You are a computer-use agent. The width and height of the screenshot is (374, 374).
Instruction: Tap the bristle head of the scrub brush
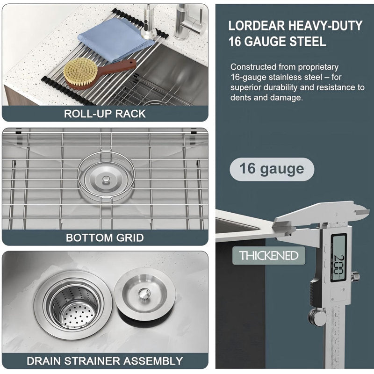[80, 72]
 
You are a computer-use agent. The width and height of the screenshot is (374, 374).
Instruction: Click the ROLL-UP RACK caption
[105, 114]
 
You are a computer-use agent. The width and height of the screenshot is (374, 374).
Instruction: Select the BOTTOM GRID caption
[105, 237]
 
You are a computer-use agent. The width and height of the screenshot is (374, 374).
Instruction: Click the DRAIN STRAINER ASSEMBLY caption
[105, 361]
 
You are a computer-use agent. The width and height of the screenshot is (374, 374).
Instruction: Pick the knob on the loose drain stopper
[144, 293]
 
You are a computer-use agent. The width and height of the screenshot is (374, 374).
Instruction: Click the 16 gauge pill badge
[272, 169]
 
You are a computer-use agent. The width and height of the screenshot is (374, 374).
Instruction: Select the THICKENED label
[269, 255]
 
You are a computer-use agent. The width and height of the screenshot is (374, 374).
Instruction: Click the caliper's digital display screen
[338, 258]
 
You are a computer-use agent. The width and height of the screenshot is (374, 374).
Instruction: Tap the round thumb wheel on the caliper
[317, 316]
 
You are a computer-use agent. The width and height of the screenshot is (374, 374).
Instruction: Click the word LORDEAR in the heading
[257, 26]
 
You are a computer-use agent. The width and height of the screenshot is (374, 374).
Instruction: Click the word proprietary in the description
[318, 67]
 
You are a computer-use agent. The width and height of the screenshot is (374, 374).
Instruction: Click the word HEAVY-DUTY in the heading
[325, 26]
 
